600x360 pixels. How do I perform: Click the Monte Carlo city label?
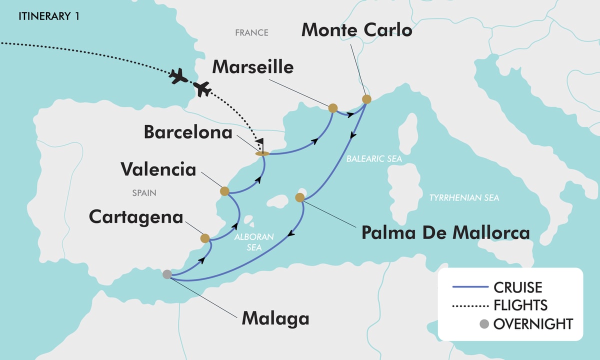tap(356, 30)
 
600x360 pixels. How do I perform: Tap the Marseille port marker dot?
tap(332, 107)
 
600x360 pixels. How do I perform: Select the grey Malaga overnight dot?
tap(167, 274)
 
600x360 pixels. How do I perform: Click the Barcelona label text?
tap(188, 132)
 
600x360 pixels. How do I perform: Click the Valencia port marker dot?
tap(224, 191)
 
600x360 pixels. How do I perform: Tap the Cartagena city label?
tap(136, 217)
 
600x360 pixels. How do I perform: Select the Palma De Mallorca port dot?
tap(300, 198)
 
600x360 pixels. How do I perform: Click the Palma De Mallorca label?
tap(445, 232)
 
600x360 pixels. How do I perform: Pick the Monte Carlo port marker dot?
tap(366, 99)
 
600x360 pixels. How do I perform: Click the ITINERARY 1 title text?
tap(48, 16)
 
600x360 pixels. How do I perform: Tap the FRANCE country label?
tap(251, 33)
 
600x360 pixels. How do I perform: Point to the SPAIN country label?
tap(144, 192)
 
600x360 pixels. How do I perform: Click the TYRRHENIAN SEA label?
tap(464, 198)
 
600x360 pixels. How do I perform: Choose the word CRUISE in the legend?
tap(517, 287)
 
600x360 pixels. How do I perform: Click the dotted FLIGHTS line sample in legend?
tap(469, 305)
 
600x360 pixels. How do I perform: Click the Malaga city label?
tap(275, 318)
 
